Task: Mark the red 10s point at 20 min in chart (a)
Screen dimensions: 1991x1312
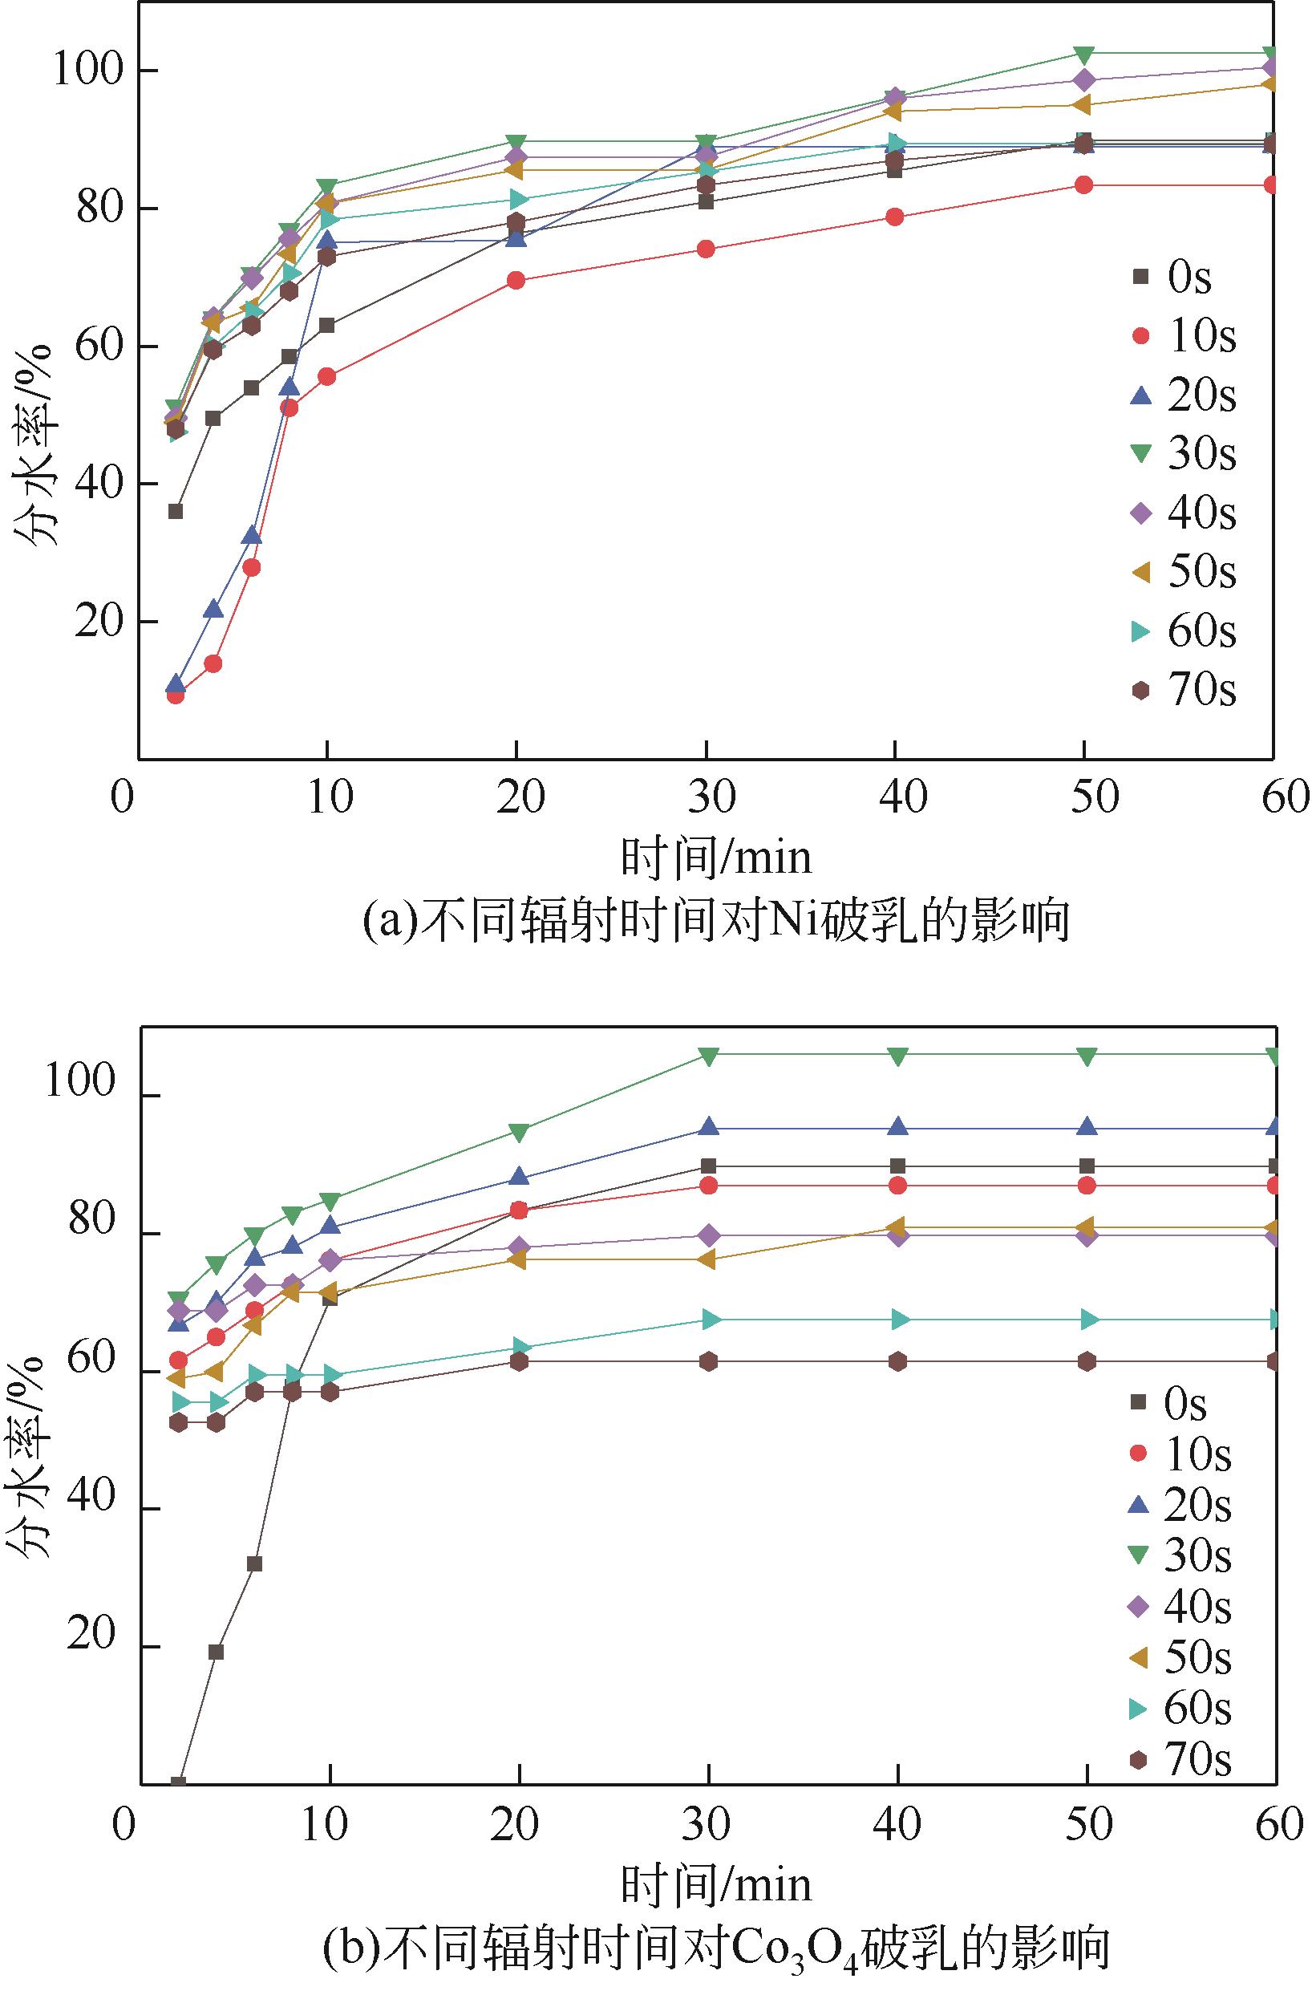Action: click(x=516, y=281)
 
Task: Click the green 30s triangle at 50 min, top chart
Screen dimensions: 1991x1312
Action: click(x=1084, y=55)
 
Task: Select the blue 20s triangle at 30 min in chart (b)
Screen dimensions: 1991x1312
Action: click(x=709, y=1126)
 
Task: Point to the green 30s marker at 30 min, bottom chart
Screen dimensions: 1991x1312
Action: click(x=709, y=1056)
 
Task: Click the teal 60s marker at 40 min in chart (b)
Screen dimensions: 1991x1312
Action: click(x=899, y=1320)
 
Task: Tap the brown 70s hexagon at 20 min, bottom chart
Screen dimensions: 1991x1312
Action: click(x=519, y=1361)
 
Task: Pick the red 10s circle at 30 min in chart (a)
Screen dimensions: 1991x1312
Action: click(x=706, y=249)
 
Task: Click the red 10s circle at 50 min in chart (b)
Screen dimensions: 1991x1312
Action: click(x=1087, y=1185)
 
